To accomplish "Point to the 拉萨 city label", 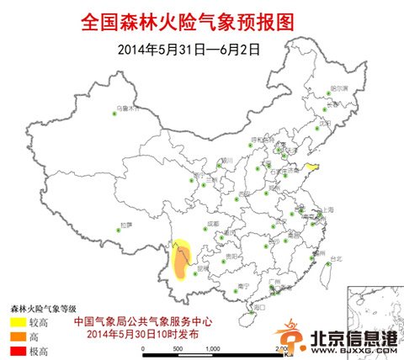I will point(126,225).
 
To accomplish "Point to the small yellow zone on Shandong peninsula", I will point(312,168).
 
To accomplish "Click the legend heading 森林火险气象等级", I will point(43,309).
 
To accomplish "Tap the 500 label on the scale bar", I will point(177,348).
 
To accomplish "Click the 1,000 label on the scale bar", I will point(211,348).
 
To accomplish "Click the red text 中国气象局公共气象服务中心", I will point(143,321).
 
